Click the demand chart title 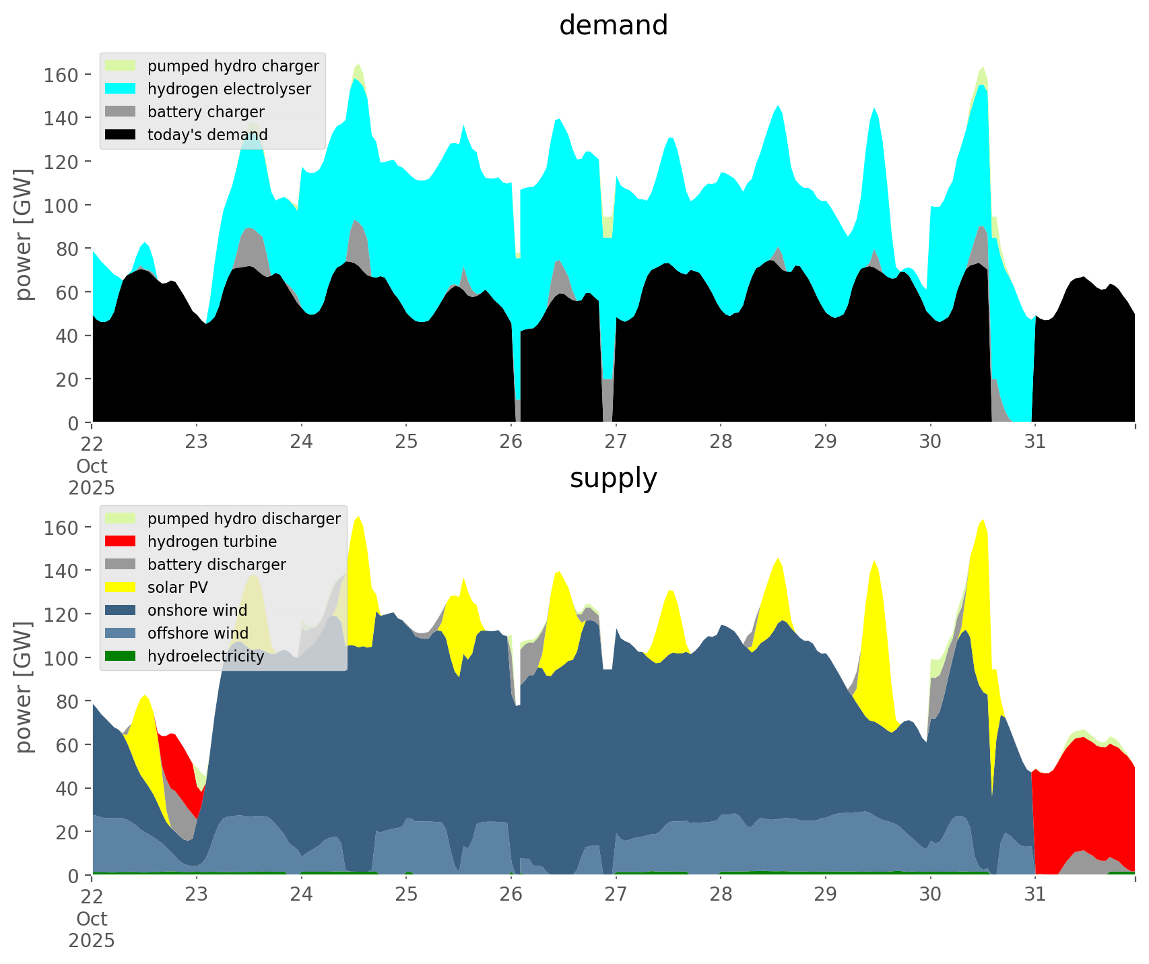tap(613, 26)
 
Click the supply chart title tap(613, 478)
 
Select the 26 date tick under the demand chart tap(511, 442)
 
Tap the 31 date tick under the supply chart tap(1035, 895)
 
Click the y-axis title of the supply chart tap(24, 687)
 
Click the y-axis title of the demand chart tap(24, 234)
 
